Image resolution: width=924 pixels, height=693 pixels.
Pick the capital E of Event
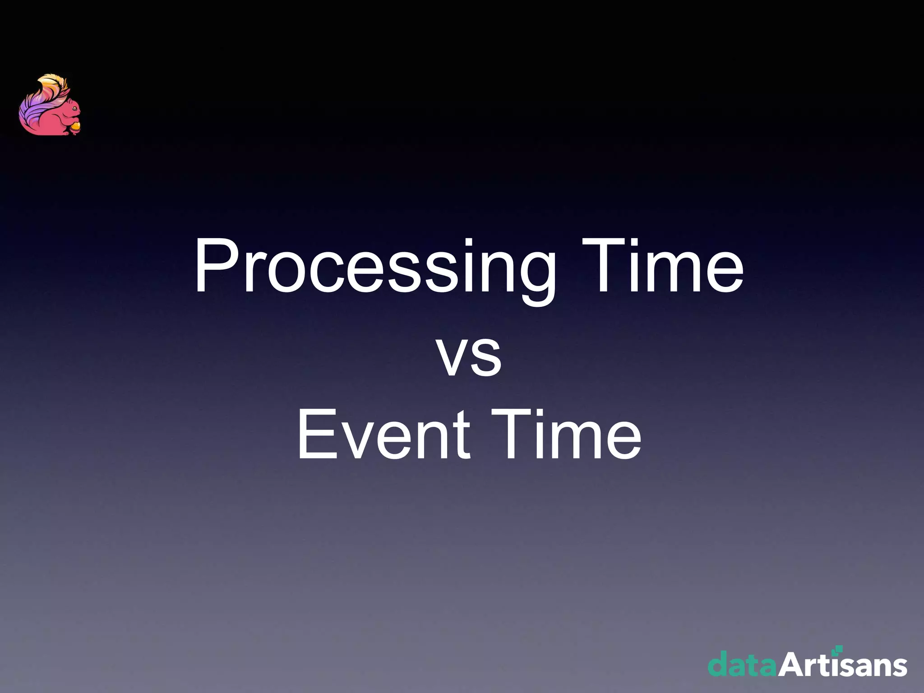point(316,434)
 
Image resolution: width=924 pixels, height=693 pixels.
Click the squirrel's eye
point(74,109)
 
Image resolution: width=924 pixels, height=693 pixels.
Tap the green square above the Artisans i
point(838,649)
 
